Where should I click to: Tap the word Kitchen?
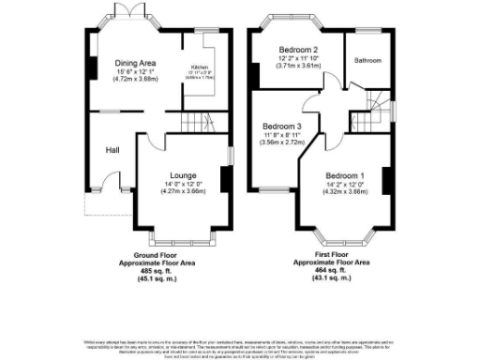(200, 67)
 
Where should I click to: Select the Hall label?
(112, 149)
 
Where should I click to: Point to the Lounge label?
(182, 175)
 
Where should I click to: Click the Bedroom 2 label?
(298, 50)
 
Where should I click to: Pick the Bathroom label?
(367, 60)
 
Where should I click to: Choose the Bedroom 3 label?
(281, 127)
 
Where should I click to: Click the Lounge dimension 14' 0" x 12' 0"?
(182, 184)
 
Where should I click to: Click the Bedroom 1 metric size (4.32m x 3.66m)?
(345, 191)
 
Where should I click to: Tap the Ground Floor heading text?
(156, 256)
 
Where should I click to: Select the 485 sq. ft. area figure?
(157, 271)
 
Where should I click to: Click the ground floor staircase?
(193, 123)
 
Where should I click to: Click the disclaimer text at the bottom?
(240, 348)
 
